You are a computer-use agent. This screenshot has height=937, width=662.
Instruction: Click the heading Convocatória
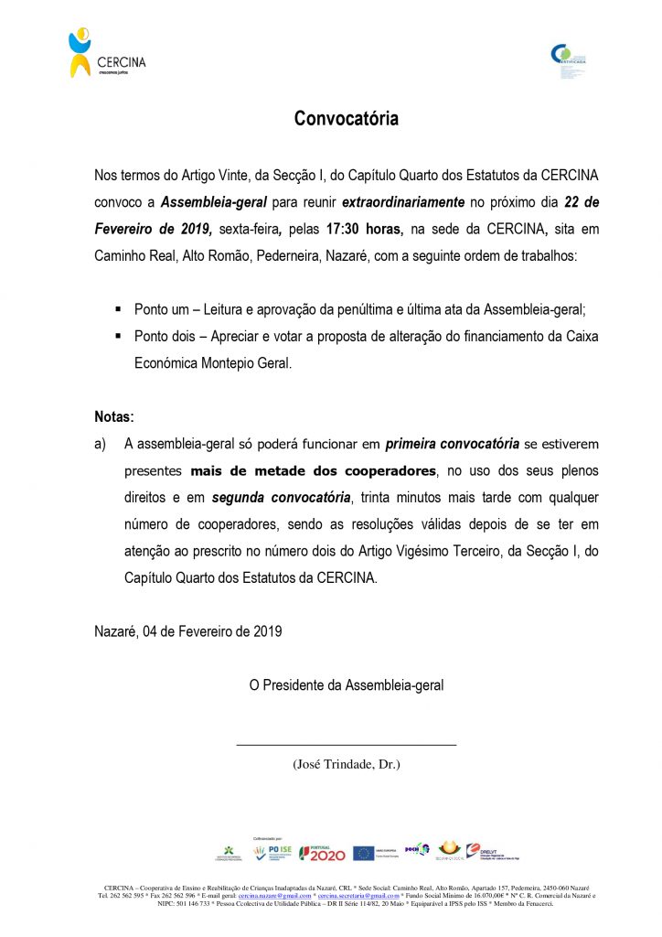[346, 119]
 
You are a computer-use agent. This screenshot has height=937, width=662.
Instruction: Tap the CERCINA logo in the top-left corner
[106, 54]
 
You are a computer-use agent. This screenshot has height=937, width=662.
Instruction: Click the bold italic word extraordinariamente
[404, 201]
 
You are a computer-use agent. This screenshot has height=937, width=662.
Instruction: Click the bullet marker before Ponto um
[118, 310]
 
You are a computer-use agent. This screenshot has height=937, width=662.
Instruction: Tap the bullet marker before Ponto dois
[118, 337]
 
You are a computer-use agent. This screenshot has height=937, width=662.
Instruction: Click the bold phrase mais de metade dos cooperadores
[314, 472]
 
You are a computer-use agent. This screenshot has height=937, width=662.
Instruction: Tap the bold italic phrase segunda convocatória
[281, 499]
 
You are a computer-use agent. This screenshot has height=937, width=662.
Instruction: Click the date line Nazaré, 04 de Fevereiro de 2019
[188, 631]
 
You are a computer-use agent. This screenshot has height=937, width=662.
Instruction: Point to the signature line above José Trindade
[346, 745]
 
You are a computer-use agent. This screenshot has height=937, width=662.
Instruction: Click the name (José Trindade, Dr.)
[346, 764]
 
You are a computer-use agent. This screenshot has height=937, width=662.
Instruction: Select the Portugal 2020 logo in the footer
[323, 853]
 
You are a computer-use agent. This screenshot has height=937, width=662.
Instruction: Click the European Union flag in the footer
[362, 853]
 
